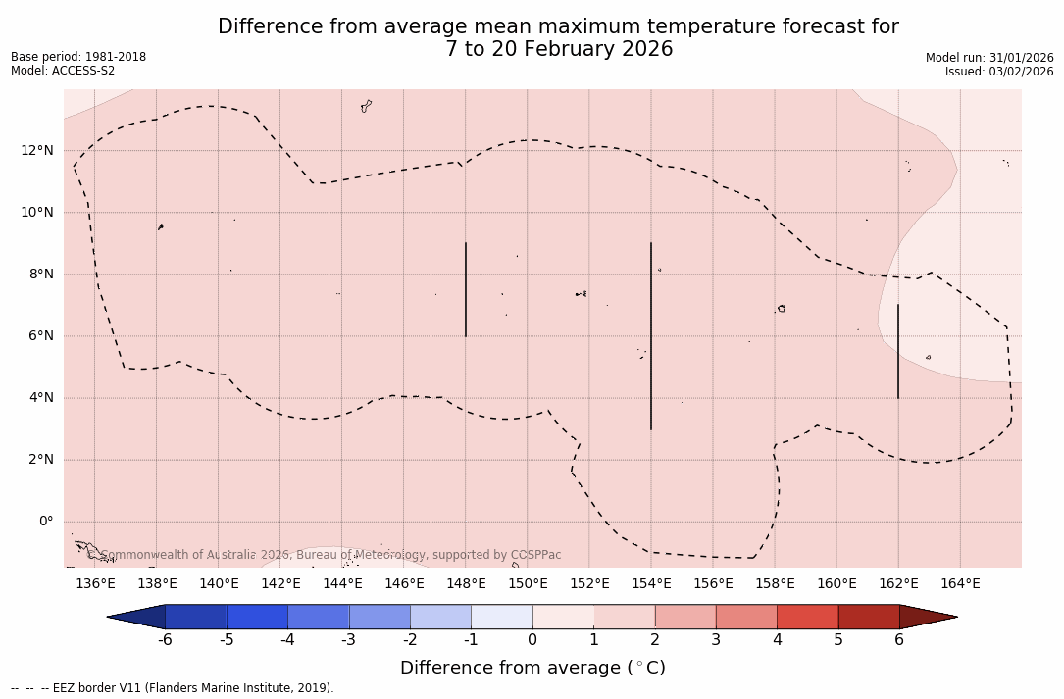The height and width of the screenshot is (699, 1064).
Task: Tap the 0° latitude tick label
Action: coord(45,522)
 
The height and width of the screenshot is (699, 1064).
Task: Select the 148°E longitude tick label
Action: coord(466,584)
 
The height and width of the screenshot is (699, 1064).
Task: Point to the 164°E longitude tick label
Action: coord(960,584)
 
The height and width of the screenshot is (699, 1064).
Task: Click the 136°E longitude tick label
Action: coord(95,584)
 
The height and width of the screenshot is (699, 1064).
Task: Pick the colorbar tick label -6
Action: coord(165,640)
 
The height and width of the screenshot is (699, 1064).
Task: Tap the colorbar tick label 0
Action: coord(532,640)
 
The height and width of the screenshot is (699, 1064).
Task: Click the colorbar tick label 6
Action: coord(899,640)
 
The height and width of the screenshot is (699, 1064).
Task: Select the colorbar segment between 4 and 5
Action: coord(807,617)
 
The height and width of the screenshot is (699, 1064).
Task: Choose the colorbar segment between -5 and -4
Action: coord(257,617)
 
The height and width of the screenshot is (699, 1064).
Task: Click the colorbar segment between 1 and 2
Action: coord(624,617)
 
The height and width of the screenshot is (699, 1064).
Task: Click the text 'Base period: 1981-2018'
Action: coord(78,57)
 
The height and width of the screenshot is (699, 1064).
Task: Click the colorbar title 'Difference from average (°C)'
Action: coord(532,668)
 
